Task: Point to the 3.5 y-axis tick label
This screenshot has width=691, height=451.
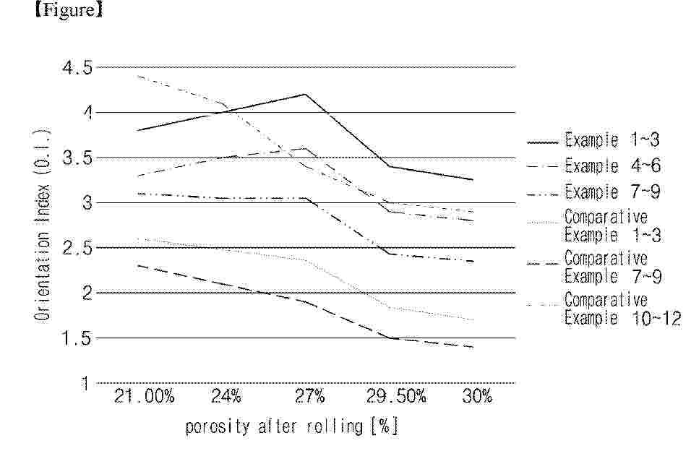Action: (77, 158)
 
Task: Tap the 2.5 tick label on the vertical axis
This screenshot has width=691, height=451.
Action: (77, 248)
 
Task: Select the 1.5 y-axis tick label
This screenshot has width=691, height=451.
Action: (77, 338)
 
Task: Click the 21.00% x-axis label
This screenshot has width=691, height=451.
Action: (144, 396)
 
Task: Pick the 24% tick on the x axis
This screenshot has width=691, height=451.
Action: (226, 396)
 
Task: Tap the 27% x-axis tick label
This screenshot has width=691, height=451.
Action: (310, 396)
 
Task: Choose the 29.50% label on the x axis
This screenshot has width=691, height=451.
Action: (396, 396)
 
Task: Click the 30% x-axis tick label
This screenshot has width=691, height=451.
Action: (477, 396)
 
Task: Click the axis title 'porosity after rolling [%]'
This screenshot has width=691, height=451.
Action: (291, 426)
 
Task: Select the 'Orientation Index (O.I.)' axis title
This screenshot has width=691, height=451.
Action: (42, 224)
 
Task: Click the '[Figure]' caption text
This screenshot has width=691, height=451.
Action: (69, 10)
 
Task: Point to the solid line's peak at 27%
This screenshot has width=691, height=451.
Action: (306, 94)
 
